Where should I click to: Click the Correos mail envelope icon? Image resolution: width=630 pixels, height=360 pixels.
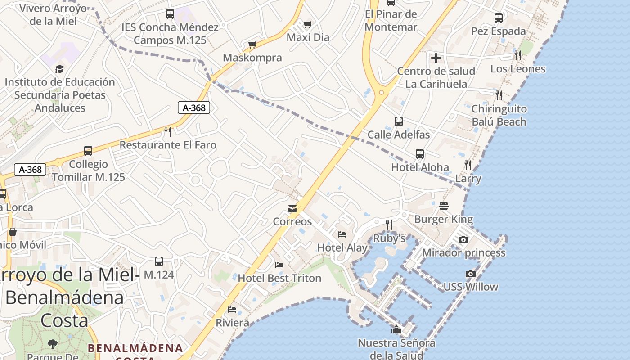[292, 209]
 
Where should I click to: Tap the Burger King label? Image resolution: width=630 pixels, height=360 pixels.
[443, 220]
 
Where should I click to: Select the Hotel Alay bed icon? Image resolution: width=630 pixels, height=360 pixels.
[342, 234]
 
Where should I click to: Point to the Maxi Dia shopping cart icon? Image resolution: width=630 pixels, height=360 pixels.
[307, 24]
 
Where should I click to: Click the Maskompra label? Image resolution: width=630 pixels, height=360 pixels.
[252, 58]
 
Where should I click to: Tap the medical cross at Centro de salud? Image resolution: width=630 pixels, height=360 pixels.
[436, 58]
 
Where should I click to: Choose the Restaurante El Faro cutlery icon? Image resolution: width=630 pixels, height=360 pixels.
[168, 131]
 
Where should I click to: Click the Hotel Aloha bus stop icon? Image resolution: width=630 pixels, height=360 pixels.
[420, 154]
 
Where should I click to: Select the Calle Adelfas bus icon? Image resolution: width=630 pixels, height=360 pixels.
[398, 121]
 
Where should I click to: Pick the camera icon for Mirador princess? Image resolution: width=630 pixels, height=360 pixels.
[463, 239]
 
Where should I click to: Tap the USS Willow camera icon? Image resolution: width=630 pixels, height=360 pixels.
[470, 274]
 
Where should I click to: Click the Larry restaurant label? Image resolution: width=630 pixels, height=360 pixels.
[468, 179]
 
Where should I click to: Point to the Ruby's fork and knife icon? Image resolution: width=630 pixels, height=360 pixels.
[389, 225]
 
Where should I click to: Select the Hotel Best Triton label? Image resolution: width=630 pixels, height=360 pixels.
[279, 278]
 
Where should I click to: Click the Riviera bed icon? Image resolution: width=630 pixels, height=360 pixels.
[232, 310]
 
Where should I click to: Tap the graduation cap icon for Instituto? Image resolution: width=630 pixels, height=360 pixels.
[59, 69]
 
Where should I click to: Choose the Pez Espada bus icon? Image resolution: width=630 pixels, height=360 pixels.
[498, 18]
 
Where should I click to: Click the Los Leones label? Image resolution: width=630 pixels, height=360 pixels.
[517, 69]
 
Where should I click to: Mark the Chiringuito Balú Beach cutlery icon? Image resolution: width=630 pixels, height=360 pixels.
[499, 95]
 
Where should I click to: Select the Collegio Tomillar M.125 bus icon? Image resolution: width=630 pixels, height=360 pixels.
[88, 151]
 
